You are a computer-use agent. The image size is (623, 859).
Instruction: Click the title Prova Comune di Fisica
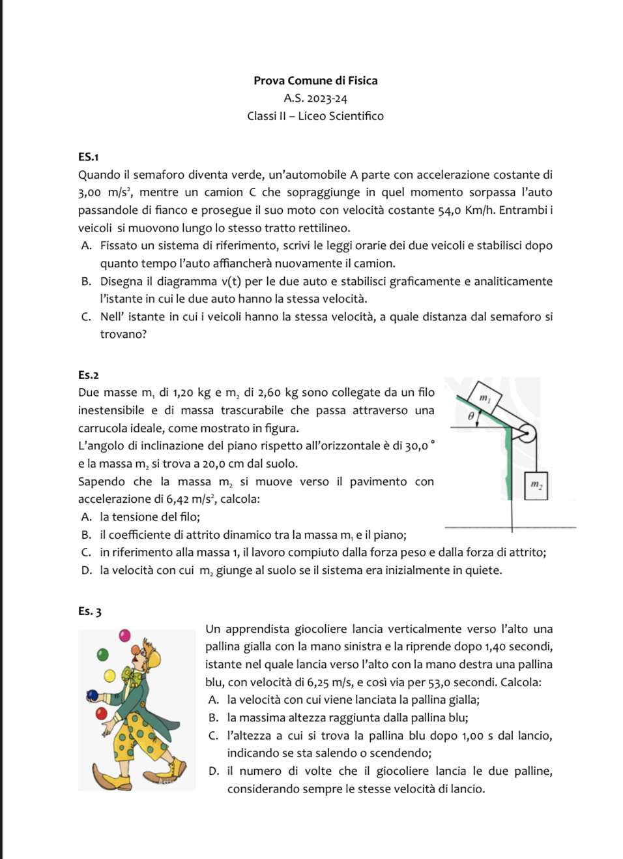coord(315,81)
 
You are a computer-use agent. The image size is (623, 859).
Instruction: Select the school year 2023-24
coord(323,98)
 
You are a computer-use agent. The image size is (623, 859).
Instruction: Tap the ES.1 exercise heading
coord(88,157)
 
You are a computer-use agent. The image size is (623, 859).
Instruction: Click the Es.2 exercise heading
coord(88,375)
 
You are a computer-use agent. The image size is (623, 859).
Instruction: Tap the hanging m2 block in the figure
coord(536,485)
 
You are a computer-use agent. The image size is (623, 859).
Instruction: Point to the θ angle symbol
coord(471,415)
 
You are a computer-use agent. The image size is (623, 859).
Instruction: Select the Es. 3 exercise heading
coord(89,612)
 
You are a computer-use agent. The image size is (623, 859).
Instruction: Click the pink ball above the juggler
coord(125,634)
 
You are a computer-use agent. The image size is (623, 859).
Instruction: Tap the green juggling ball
coord(102,653)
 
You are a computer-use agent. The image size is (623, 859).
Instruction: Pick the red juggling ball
coord(101,713)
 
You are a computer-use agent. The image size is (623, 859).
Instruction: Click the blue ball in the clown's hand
coord(92,695)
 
